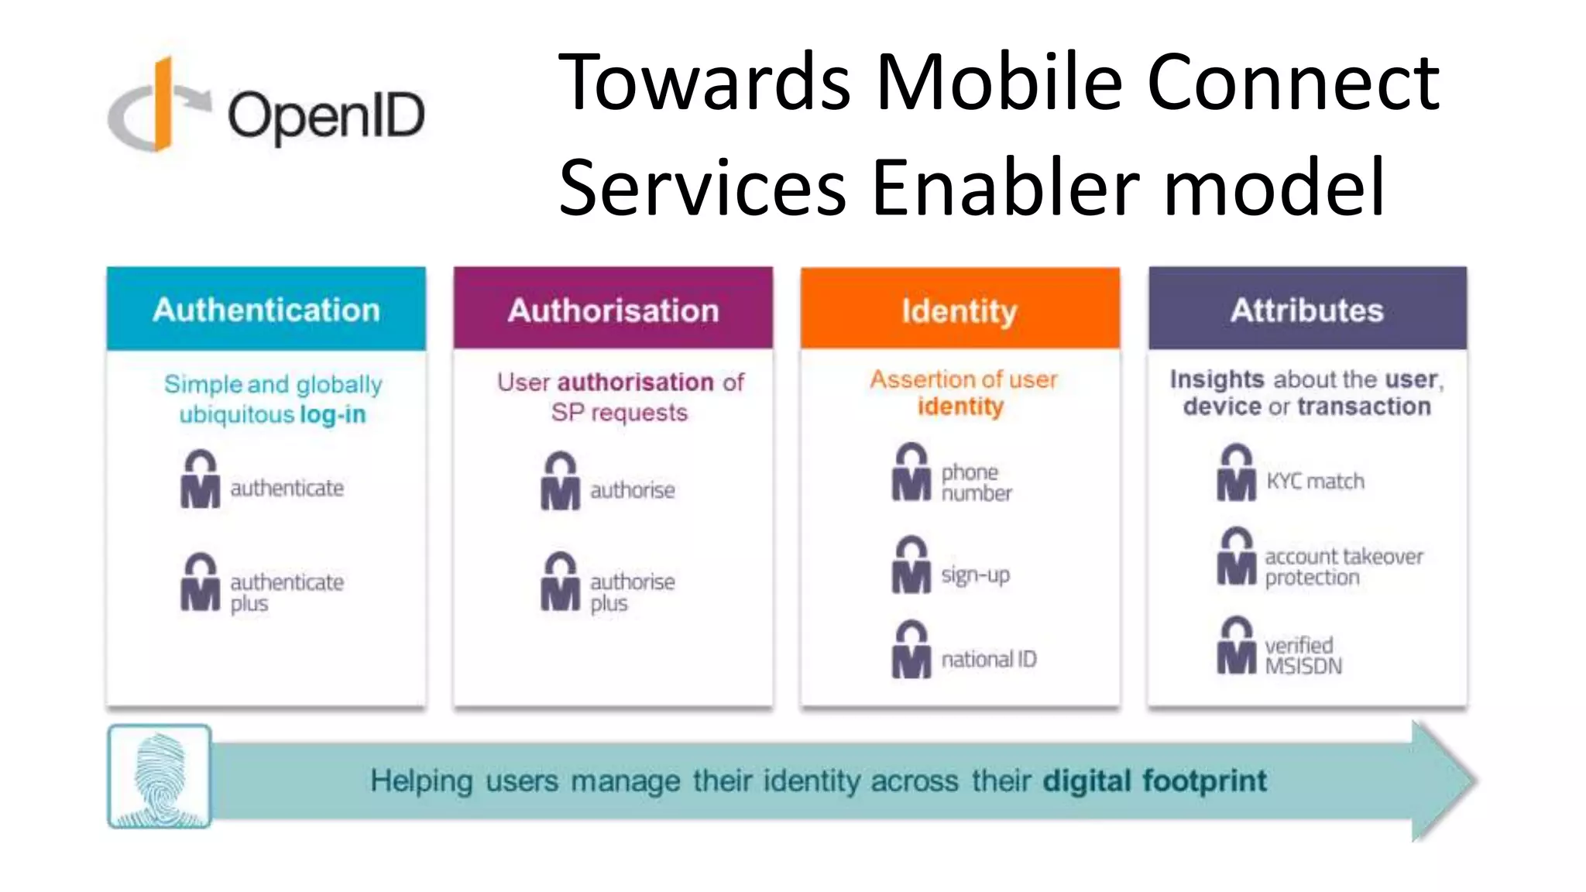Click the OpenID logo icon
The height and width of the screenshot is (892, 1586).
click(x=159, y=105)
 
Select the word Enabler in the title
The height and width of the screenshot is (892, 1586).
click(x=1005, y=187)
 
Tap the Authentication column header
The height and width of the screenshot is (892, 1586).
click(x=266, y=310)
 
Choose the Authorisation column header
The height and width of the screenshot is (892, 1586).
click(x=613, y=310)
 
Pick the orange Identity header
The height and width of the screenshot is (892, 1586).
click(x=959, y=310)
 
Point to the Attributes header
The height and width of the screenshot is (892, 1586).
click(x=1307, y=310)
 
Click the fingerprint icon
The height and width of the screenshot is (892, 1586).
click(x=160, y=777)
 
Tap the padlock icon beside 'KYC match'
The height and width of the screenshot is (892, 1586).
click(x=1236, y=473)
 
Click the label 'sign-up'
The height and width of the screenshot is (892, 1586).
click(x=976, y=575)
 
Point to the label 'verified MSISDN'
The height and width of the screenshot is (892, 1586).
click(x=1303, y=655)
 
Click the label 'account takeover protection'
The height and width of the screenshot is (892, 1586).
click(x=1344, y=567)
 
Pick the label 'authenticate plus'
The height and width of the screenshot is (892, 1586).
click(x=287, y=592)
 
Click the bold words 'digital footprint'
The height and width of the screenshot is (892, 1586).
click(x=1155, y=780)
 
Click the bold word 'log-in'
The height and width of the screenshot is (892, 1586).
click(x=333, y=414)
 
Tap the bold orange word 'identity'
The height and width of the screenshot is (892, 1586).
click(x=960, y=407)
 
